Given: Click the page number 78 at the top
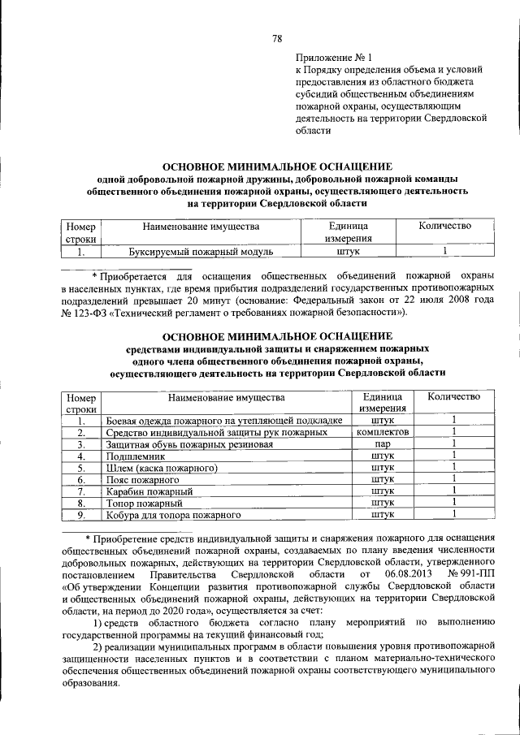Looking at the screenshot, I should click(x=276, y=38).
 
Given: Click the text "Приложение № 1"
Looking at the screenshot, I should click(x=333, y=58).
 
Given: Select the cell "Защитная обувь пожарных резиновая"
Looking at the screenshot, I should click(x=188, y=445).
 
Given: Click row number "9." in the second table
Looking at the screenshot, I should click(x=81, y=515).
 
